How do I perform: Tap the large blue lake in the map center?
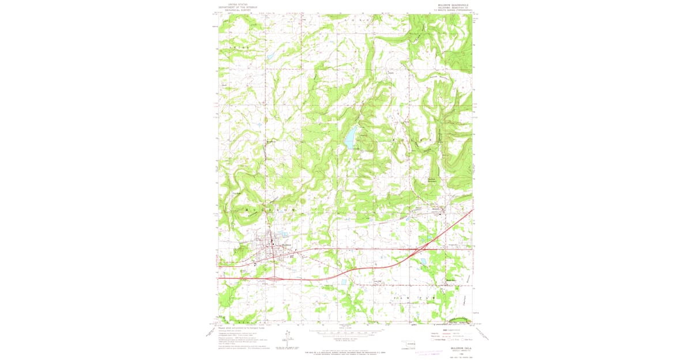(349, 139)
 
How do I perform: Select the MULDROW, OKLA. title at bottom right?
(452, 347)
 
